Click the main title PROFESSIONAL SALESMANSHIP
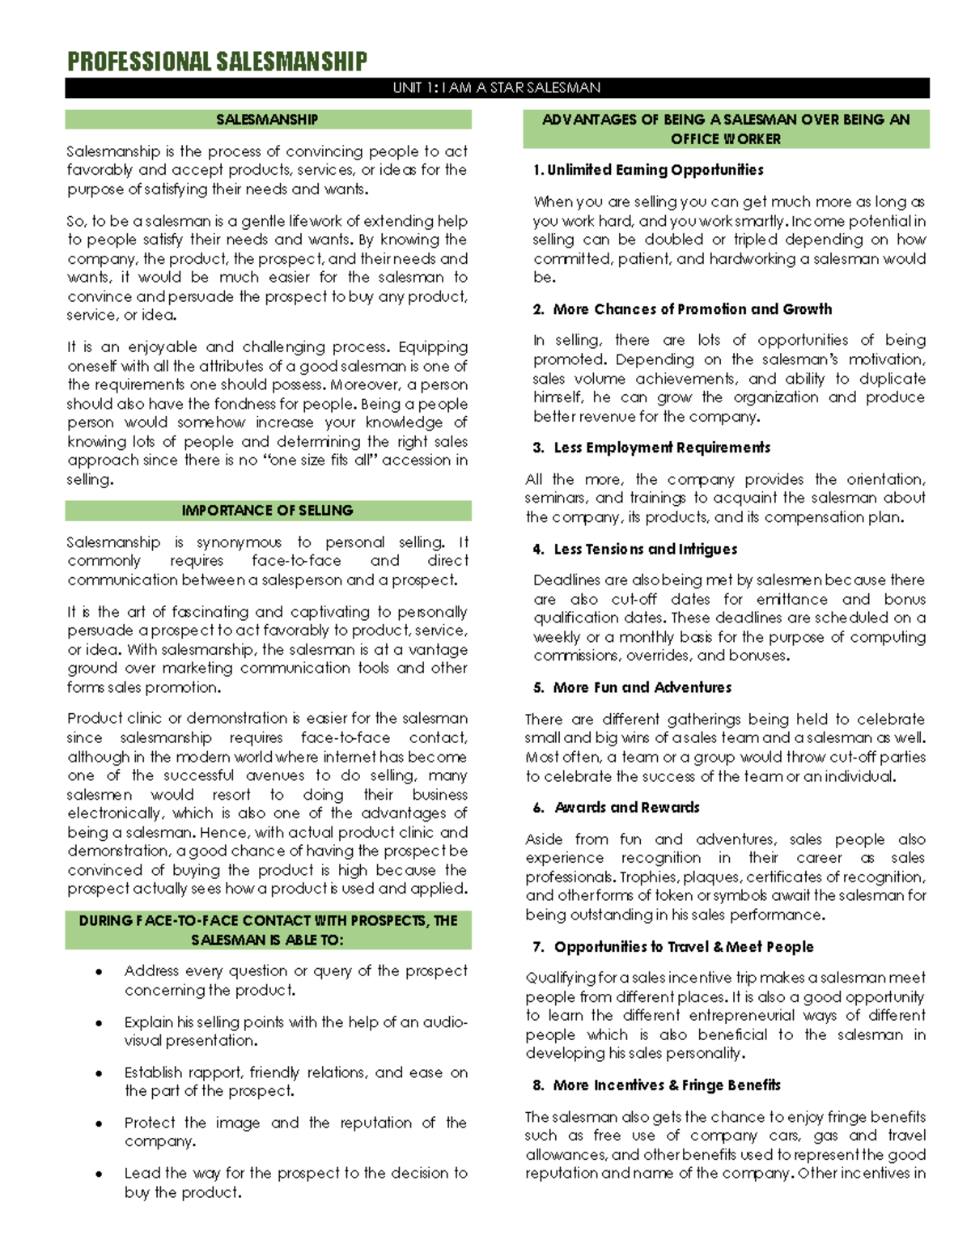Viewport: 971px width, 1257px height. click(217, 62)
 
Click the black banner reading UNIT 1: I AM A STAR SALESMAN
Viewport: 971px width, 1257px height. click(497, 87)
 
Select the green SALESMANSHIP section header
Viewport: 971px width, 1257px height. click(267, 120)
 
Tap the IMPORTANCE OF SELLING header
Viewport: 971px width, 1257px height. click(267, 511)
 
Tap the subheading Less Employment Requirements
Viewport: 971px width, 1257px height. click(661, 448)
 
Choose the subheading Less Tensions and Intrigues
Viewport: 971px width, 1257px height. click(645, 549)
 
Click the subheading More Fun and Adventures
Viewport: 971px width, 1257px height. click(642, 687)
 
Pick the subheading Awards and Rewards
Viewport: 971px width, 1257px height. click(626, 807)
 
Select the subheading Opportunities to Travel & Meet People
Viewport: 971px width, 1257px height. click(683, 946)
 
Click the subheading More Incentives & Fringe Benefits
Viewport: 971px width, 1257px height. click(667, 1085)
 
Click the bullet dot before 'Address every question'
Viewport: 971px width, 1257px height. click(99, 971)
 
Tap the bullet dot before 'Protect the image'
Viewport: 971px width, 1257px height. click(99, 1123)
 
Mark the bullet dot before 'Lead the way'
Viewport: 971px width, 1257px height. click(99, 1174)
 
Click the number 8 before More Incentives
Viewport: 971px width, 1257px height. click(537, 1085)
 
